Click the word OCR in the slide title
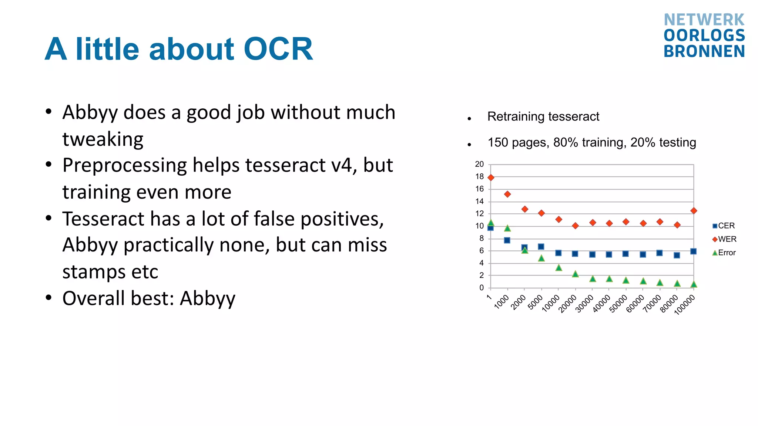278,49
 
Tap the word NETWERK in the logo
704,20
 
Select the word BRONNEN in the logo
704,51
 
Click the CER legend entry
724,226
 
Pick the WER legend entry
724,239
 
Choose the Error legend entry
724,253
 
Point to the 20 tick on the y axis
479,164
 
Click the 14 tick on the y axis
479,201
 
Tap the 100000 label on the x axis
684,305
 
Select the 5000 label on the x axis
535,302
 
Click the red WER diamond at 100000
694,211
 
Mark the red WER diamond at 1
491,177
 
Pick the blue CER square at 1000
507,240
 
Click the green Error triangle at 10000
559,267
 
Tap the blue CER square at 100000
694,251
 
